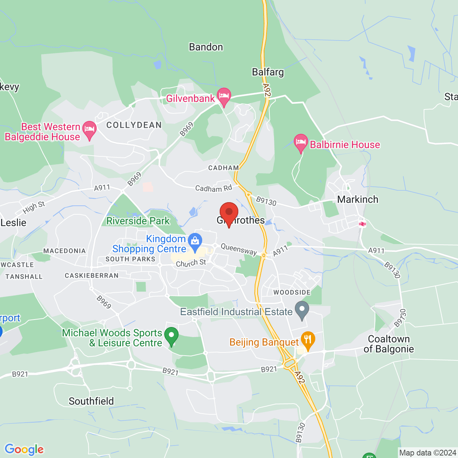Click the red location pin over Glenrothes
point(229,213)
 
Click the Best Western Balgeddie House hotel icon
point(89,130)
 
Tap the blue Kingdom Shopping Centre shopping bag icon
point(195,242)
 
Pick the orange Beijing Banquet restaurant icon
point(308,340)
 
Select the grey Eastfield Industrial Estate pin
point(302,310)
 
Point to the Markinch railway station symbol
point(362,224)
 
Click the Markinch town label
point(357,199)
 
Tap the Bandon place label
point(206,47)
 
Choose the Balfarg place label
point(268,72)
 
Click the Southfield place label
point(91,401)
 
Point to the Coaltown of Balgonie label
point(389,344)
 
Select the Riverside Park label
point(138,221)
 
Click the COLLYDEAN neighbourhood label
point(134,125)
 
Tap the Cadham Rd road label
point(214,188)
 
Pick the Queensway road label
point(239,249)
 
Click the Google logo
point(24,449)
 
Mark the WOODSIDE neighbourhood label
point(292,292)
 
